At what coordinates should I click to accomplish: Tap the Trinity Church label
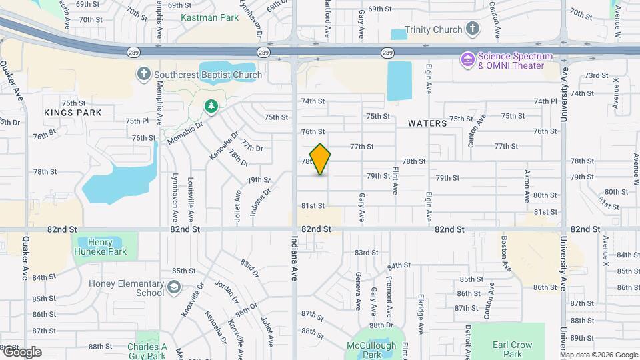(x=437, y=29)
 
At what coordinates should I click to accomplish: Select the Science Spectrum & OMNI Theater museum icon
(x=468, y=60)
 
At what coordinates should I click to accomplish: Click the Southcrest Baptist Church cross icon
(x=143, y=75)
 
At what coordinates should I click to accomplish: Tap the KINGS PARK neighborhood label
(x=73, y=113)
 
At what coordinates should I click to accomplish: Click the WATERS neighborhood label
(x=427, y=123)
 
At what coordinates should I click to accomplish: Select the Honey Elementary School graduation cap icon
(x=173, y=287)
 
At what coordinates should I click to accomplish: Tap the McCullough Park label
(x=372, y=350)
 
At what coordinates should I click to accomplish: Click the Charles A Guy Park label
(x=147, y=351)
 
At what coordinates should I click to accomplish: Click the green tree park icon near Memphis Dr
(x=211, y=106)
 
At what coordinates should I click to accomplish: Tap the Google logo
(x=22, y=352)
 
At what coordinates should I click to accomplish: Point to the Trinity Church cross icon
(x=473, y=28)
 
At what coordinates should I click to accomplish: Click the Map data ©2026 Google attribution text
(x=599, y=355)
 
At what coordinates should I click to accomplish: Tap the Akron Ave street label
(x=527, y=186)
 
